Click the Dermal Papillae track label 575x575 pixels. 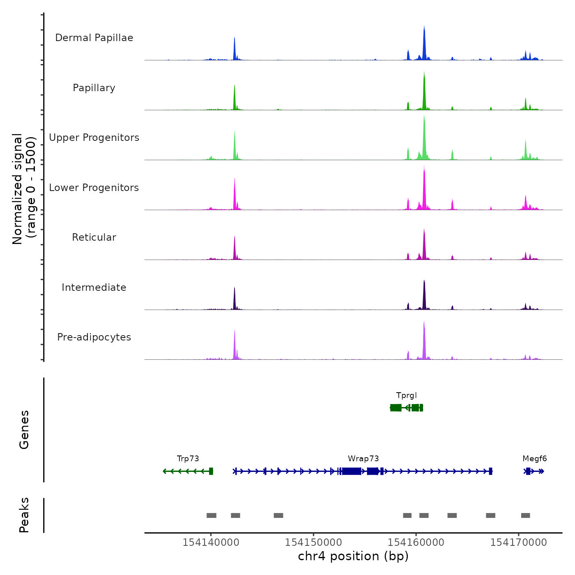tap(94, 38)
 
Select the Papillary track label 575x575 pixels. tap(94, 88)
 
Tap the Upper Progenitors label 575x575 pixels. tap(94, 138)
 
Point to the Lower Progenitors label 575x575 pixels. tap(94, 188)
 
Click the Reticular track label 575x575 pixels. tap(94, 237)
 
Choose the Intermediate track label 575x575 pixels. tap(94, 287)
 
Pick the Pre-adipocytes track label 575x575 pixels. tap(94, 337)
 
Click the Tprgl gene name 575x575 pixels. tap(406, 396)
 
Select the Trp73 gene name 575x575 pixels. tap(188, 459)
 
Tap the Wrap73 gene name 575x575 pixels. tap(363, 459)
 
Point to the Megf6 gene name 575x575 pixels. tap(534, 459)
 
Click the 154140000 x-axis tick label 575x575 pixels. tap(211, 543)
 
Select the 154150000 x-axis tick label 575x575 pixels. tap(313, 543)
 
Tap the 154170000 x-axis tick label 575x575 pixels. tap(518, 543)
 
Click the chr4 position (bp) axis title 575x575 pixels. tap(353, 556)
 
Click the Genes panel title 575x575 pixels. tap(24, 430)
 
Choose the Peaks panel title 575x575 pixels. tap(24, 515)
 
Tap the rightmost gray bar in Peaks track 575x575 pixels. tap(525, 515)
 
